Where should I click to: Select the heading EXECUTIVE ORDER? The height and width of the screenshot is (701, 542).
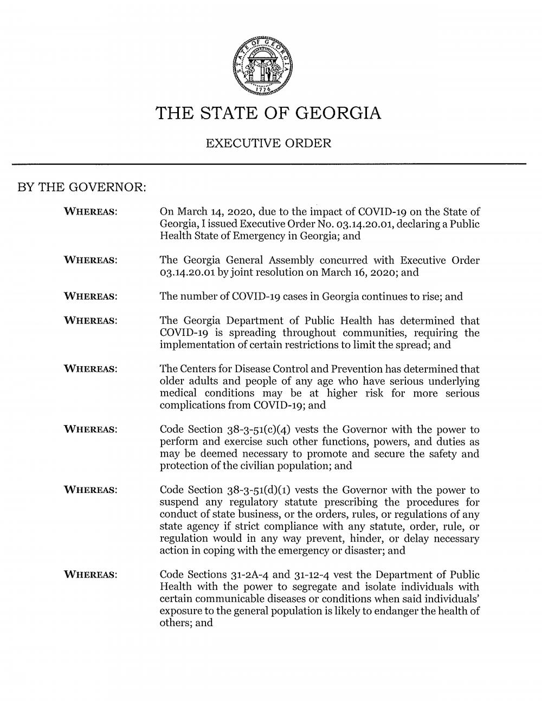(x=269, y=144)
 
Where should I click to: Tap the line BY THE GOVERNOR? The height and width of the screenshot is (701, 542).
(x=83, y=188)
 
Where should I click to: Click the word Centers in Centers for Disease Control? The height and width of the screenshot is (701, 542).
(x=199, y=369)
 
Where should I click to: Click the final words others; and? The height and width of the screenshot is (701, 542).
(x=186, y=624)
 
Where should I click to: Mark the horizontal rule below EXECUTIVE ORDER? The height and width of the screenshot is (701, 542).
(x=269, y=164)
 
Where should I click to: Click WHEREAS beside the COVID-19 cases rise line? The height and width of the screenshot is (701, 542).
(x=91, y=297)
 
